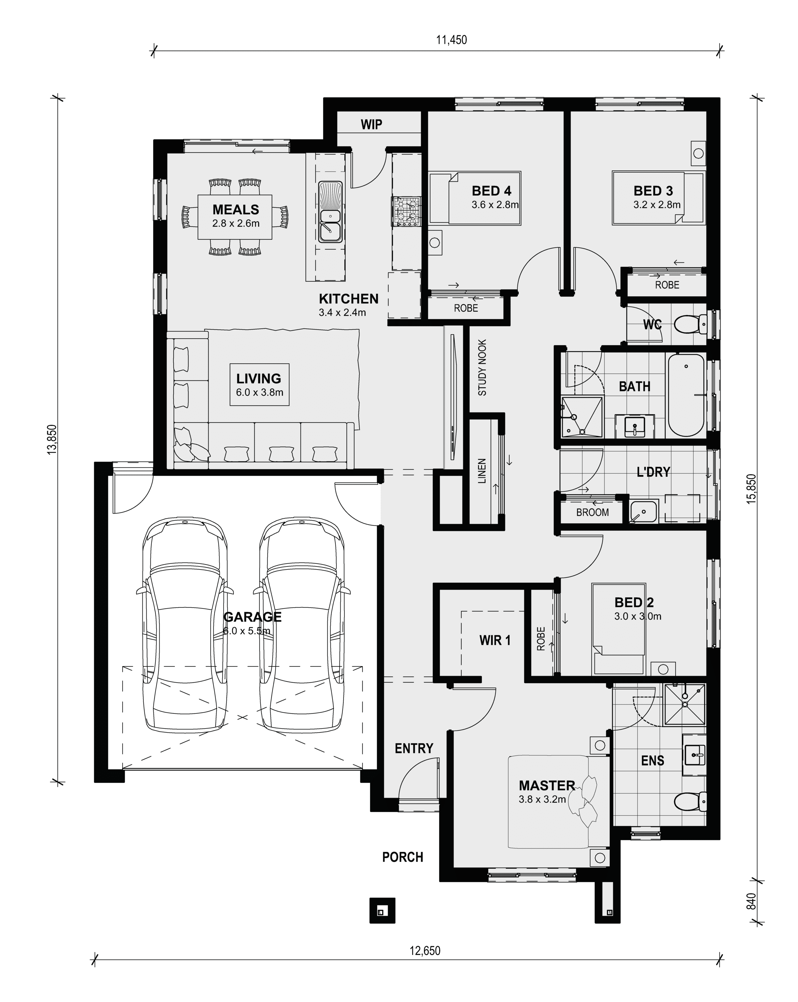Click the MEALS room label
236,210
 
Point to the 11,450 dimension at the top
451,40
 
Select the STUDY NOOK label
482,368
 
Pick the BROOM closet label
593,513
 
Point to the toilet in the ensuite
690,802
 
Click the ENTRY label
414,748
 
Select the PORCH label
403,857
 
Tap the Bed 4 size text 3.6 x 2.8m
495,204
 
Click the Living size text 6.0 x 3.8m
259,392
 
